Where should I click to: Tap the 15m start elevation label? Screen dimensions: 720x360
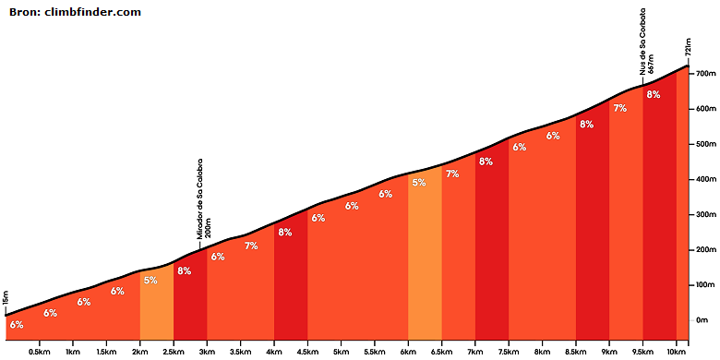point(6,299)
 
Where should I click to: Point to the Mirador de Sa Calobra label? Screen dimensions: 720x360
point(199,198)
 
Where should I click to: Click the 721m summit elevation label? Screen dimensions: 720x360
point(689,46)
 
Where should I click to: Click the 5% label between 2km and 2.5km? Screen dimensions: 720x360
point(150,280)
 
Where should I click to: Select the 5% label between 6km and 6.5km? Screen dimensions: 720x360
point(419,182)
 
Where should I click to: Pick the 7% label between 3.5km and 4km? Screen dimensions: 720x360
point(251,246)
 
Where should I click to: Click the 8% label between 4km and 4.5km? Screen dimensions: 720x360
point(284,232)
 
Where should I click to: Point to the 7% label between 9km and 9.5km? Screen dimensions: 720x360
point(620,108)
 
